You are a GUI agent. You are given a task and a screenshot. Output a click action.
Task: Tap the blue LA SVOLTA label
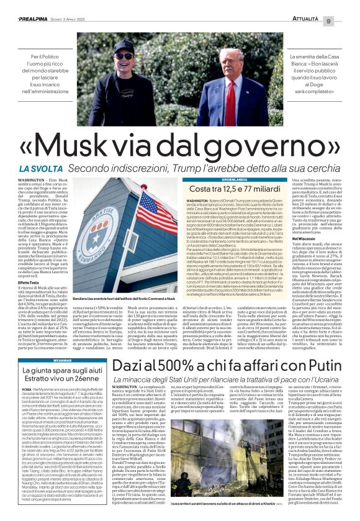(41, 169)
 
